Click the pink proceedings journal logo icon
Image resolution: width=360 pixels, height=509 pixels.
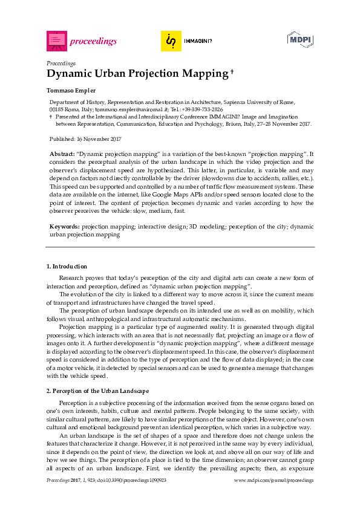coord(56,41)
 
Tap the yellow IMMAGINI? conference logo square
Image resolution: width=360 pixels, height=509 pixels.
coord(171,41)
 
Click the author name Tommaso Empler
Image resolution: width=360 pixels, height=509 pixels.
coord(71,90)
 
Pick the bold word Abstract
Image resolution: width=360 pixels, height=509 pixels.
coord(62,155)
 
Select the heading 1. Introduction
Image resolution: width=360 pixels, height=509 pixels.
coord(67,267)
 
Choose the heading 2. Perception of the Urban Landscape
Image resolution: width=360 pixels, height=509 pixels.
coord(97,391)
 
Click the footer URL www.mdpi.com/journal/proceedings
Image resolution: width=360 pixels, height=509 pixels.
coord(273,479)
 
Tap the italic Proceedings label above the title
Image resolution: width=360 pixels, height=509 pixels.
coord(61,63)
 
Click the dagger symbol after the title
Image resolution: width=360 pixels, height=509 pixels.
coord(232,71)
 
